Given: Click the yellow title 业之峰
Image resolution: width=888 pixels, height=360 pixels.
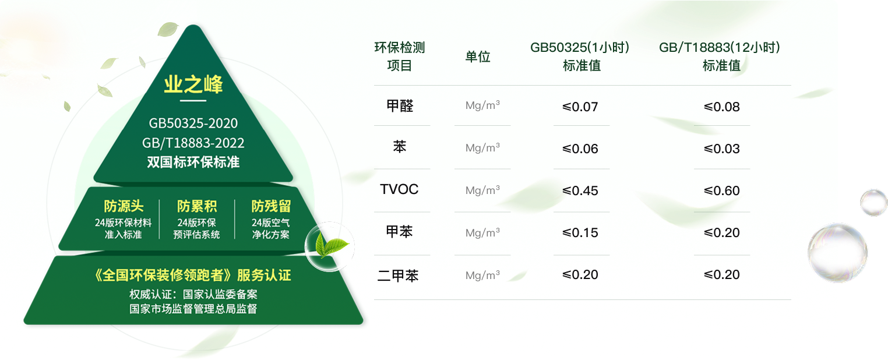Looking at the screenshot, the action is (x=193, y=84).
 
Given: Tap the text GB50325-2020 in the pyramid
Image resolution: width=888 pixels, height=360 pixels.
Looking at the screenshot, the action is (x=193, y=123).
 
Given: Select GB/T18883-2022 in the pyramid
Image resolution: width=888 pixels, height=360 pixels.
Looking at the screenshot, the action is (x=193, y=143).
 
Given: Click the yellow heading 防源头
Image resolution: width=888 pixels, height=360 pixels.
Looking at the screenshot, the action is (x=124, y=206).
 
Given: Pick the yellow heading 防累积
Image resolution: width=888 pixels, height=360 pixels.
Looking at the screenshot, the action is (x=196, y=206).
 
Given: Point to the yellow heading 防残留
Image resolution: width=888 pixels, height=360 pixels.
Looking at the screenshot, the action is (x=271, y=206).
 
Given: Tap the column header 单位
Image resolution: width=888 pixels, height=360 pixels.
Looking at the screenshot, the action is (x=478, y=57).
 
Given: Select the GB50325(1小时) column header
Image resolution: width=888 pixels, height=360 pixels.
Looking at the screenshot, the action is (x=580, y=57).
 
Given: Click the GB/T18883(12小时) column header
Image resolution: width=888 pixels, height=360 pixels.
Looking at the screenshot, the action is (x=720, y=57).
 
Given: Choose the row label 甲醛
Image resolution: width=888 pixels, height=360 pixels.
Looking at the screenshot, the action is (x=400, y=106).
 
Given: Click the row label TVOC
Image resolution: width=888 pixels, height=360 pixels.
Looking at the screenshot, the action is (x=399, y=189).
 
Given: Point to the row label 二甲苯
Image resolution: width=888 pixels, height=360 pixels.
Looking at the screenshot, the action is (x=398, y=275).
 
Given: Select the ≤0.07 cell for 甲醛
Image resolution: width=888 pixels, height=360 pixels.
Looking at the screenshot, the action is (x=580, y=107).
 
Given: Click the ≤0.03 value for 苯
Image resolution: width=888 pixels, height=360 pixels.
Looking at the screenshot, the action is (x=721, y=149).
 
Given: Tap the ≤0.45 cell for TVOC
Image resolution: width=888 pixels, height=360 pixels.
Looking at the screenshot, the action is (x=580, y=190).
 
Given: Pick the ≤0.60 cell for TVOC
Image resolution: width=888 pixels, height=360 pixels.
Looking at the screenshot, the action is (x=721, y=190).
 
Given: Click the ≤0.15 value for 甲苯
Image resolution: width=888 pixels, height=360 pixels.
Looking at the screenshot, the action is (x=580, y=233).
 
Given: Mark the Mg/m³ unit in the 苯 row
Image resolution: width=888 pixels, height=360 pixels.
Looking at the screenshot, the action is (x=482, y=148).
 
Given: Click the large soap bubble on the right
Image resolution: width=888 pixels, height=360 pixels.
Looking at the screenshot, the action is (x=837, y=253).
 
